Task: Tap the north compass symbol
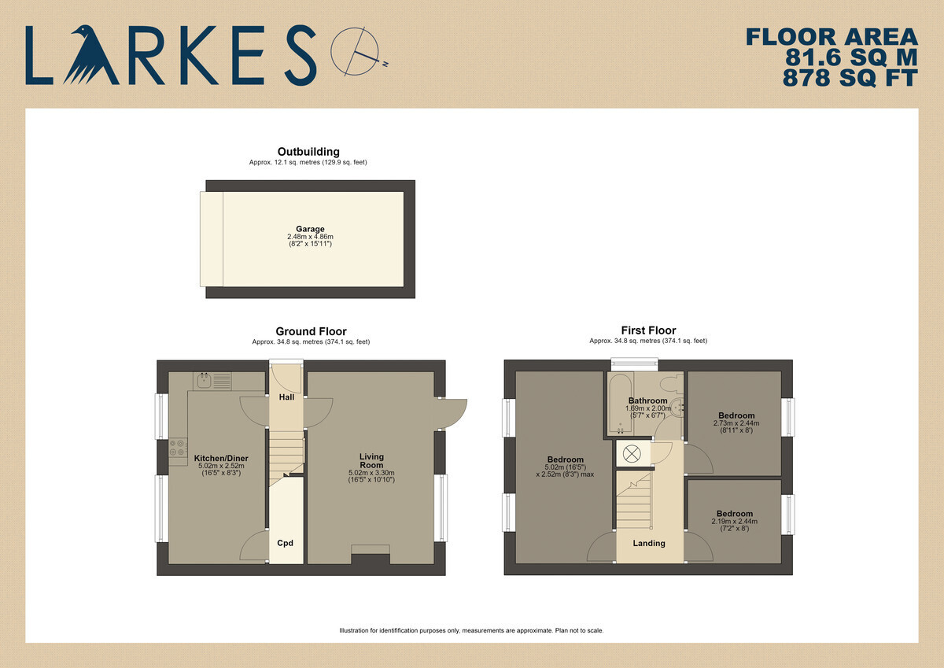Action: click(359, 52)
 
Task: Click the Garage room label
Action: click(310, 229)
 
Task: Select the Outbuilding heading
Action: click(308, 152)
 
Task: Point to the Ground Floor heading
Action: click(311, 331)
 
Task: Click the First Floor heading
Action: click(648, 330)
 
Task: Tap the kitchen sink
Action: click(204, 381)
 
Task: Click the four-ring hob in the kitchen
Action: click(179, 448)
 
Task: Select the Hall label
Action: click(286, 397)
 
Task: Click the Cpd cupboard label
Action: click(286, 543)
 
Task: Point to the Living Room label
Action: click(371, 460)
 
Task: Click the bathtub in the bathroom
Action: click(620, 404)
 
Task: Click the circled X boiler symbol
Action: click(631, 454)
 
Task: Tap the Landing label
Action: click(649, 543)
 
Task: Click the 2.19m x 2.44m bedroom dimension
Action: click(736, 522)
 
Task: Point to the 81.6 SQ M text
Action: click(851, 57)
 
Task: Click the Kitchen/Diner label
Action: click(221, 458)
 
